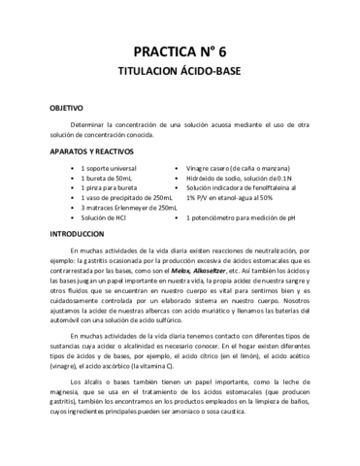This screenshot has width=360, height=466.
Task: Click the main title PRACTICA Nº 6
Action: pyautogui.click(x=180, y=51)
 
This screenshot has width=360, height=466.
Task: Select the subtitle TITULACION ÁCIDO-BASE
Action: pyautogui.click(x=180, y=73)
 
